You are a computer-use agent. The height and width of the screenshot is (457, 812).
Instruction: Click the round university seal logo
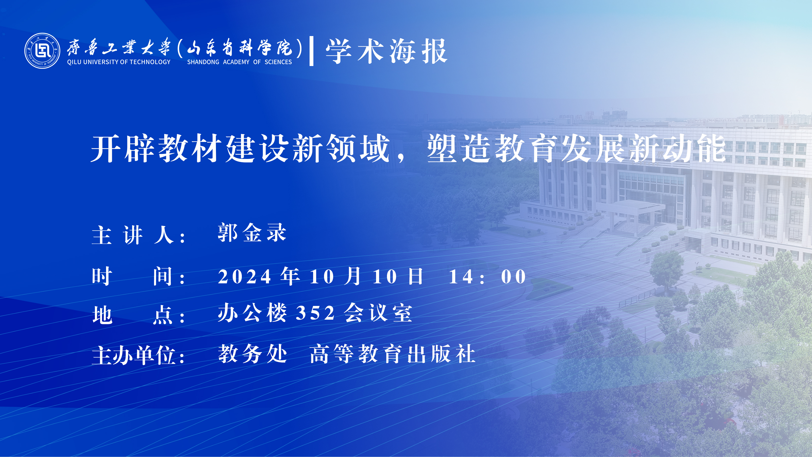pyautogui.click(x=42, y=51)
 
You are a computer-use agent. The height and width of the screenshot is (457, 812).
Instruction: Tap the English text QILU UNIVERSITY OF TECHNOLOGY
pyautogui.click(x=119, y=62)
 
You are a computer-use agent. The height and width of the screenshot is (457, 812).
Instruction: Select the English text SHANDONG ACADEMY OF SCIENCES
pyautogui.click(x=240, y=62)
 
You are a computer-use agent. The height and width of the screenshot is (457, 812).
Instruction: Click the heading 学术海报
pyautogui.click(x=386, y=51)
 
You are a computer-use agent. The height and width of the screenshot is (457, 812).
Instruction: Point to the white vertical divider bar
pyautogui.click(x=311, y=51)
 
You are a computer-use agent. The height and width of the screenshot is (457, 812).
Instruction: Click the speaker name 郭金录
pyautogui.click(x=252, y=233)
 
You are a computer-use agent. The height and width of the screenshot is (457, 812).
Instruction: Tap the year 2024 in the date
pyautogui.click(x=244, y=277)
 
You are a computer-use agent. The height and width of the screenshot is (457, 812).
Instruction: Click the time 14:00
pyautogui.click(x=487, y=277)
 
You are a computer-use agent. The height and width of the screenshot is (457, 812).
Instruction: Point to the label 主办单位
pyautogui.click(x=134, y=355)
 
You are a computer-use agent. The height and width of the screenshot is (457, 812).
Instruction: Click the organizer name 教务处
pyautogui.click(x=252, y=354)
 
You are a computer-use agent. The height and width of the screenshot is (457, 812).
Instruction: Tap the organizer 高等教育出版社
pyautogui.click(x=393, y=354)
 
